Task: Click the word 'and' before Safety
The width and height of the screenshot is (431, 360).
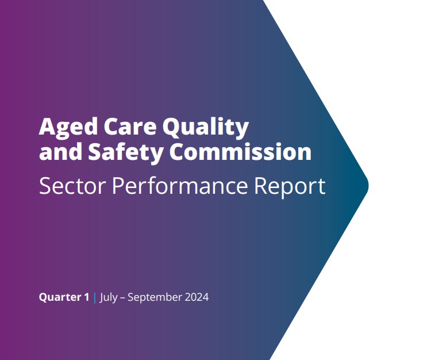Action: pos(56,152)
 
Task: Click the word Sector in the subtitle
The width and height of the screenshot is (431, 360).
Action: pos(70,186)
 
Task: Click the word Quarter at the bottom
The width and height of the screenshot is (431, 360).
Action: pos(59,298)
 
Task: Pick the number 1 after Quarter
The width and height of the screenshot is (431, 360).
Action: pos(86,297)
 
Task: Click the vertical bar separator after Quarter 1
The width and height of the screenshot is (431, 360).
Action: pos(94,297)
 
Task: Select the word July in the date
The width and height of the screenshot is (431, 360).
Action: pos(110,298)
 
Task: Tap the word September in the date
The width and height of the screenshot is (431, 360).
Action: pos(156,298)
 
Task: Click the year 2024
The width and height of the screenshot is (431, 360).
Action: pos(197,297)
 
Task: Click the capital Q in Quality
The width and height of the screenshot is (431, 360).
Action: pos(173,127)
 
